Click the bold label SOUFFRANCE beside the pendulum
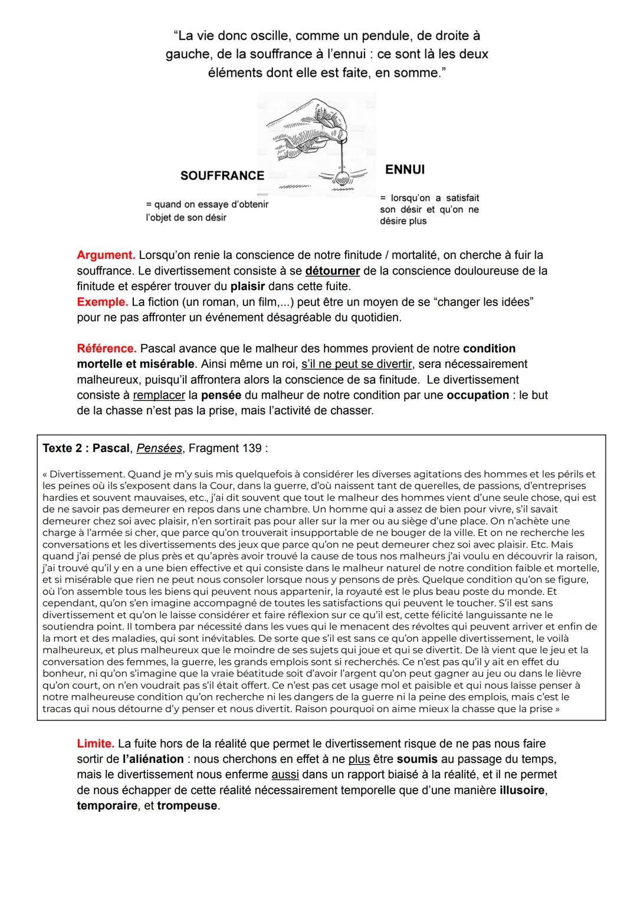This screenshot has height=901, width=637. point(222,176)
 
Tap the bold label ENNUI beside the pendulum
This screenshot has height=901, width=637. point(405,170)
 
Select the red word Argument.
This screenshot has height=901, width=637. point(106,255)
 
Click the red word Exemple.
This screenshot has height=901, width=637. point(102,302)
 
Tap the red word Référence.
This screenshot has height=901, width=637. point(107,349)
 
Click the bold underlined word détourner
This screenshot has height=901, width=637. point(333,271)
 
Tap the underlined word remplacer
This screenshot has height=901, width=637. point(159,395)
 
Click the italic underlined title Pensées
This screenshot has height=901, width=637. point(159,448)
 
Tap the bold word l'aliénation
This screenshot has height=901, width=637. point(153,759)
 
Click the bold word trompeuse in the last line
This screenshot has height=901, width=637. point(188,806)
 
